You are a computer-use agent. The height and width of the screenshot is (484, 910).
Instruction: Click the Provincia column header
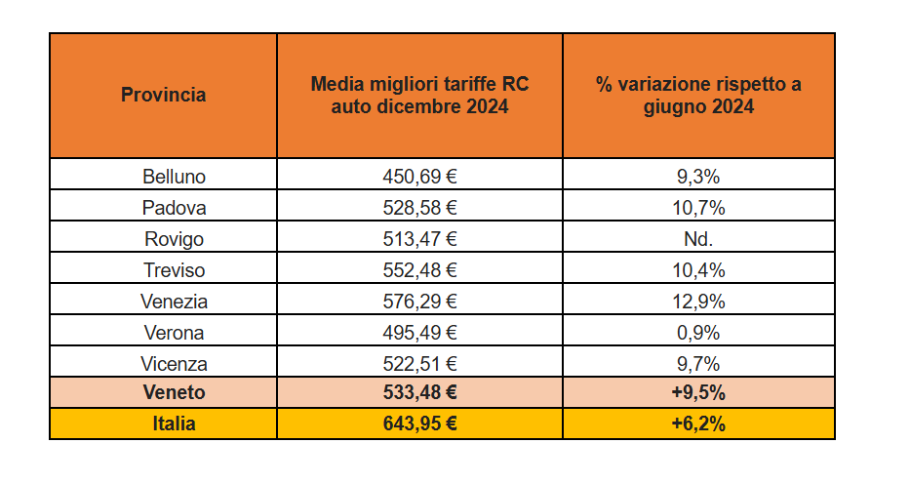[163, 95]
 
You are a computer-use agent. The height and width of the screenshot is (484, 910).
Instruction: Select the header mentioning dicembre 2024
[419, 95]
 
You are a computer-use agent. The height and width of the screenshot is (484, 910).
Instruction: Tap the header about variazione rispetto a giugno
[698, 95]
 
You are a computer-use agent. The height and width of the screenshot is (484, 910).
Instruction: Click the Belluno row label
[174, 177]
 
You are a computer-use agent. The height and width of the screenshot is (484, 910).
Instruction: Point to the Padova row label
[174, 208]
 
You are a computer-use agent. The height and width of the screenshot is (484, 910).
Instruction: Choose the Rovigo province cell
[174, 239]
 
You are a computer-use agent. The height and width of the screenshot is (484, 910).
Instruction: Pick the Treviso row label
[174, 270]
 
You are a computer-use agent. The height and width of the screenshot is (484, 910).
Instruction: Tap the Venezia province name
[174, 302]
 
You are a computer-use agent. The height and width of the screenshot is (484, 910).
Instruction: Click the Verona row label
[174, 333]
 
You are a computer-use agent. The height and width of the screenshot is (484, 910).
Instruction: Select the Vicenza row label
[174, 364]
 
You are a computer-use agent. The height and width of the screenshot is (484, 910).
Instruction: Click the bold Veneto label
[174, 393]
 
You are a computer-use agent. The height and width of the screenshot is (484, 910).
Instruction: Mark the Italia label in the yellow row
[174, 424]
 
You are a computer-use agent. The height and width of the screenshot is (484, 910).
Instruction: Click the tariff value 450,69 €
[419, 177]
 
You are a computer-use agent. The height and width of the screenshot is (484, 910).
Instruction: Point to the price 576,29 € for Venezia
[419, 302]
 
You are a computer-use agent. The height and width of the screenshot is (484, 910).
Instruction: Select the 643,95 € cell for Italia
[419, 424]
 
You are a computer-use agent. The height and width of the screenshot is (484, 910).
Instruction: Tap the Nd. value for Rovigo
[698, 239]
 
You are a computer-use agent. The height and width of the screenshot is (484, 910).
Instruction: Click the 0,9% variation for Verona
[698, 333]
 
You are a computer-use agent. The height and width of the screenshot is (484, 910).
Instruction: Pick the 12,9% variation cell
[698, 302]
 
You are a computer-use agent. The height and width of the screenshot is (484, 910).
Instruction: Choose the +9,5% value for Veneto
[698, 393]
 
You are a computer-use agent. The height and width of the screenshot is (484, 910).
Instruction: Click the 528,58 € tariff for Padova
[419, 208]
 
